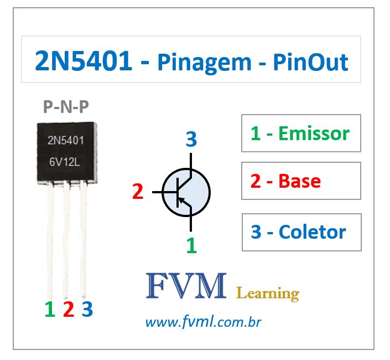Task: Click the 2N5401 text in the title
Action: point(83,61)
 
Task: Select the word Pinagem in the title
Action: point(204,63)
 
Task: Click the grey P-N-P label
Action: point(66,106)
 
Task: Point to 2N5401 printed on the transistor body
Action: point(65,140)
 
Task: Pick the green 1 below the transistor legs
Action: point(50,309)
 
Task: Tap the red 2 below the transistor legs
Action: point(68,309)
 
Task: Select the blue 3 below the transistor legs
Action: point(87,309)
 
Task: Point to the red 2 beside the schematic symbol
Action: point(138,192)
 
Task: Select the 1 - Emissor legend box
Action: point(301,133)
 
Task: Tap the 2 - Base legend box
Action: point(301,181)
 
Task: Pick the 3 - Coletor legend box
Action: point(301,232)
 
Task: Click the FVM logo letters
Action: point(186,286)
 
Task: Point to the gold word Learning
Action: point(267,293)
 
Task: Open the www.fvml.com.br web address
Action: point(203,322)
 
